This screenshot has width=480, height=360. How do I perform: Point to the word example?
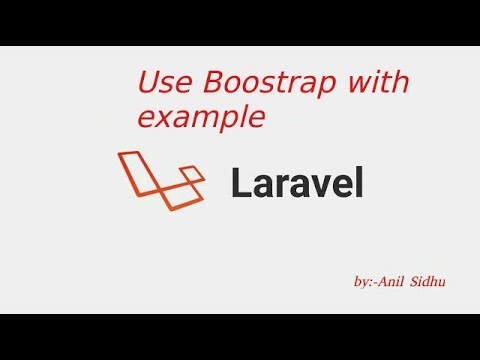tap(202, 117)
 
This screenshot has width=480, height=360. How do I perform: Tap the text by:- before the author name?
tap(366, 284)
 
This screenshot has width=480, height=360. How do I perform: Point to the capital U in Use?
tap(146, 82)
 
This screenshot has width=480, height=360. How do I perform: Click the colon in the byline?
tap(372, 285)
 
